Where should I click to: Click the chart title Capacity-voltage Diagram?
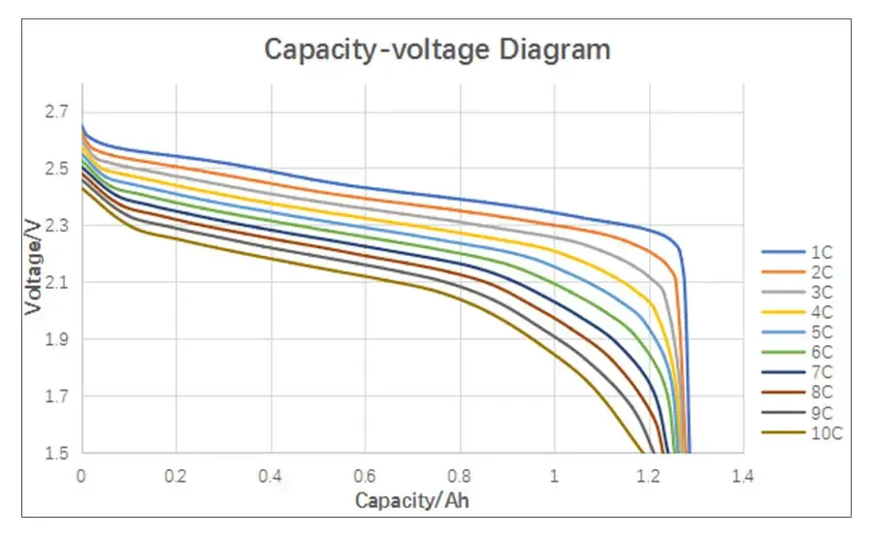(x=437, y=48)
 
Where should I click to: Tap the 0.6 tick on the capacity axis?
(x=365, y=476)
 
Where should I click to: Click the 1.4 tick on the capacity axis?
(x=743, y=476)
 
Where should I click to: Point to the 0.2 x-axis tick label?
(x=176, y=476)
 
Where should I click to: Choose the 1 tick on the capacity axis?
(x=554, y=476)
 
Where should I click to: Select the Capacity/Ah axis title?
(x=412, y=500)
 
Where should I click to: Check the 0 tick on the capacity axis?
(x=81, y=476)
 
